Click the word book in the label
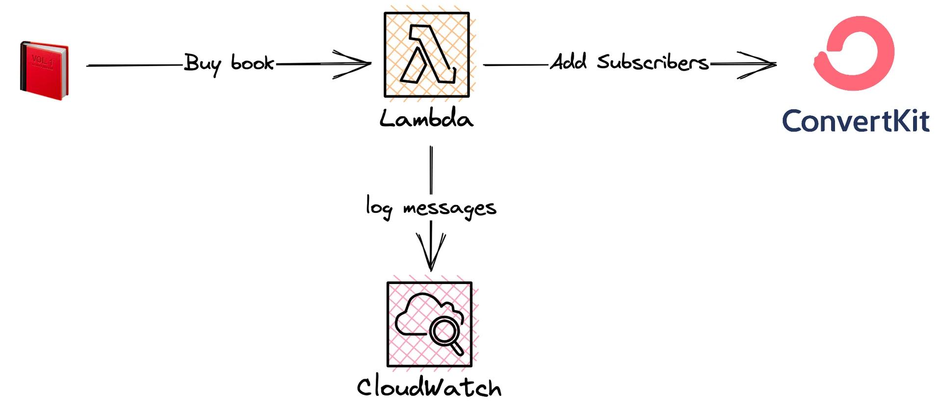pos(252,63)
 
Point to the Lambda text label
pos(426,119)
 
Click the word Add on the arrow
pos(568,62)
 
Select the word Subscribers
pos(653,62)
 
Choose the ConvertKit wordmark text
pos(856,121)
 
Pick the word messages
pos(449,208)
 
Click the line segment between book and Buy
pos(132,65)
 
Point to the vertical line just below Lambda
pos(431,169)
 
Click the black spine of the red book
pos(22,69)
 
